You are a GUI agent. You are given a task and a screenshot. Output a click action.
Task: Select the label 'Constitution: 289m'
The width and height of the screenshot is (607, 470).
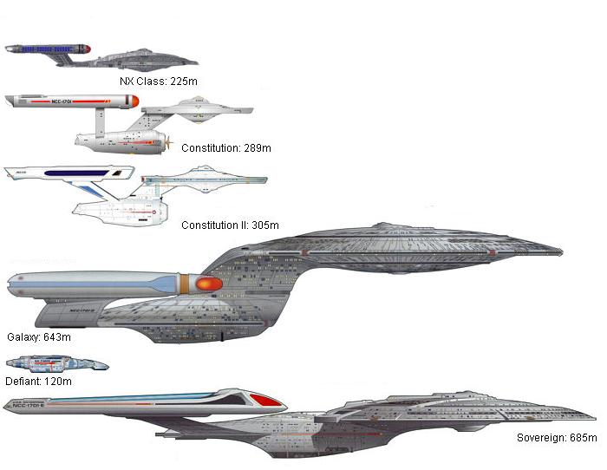(225, 148)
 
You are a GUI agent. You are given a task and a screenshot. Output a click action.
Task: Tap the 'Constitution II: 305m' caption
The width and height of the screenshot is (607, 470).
(230, 225)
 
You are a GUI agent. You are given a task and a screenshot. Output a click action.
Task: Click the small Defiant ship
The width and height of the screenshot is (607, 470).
(57, 364)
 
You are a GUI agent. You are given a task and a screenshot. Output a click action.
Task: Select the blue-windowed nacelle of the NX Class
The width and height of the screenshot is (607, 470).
(48, 50)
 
